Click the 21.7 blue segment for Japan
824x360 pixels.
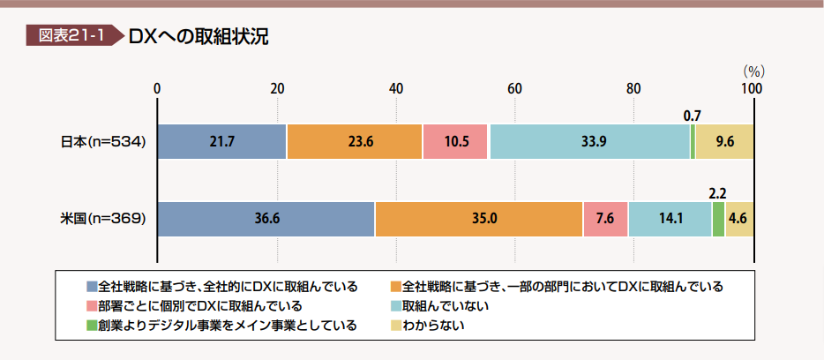pyautogui.click(x=221, y=141)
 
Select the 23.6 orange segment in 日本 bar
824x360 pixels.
pyautogui.click(x=354, y=141)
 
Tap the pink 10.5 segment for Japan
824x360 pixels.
pyautogui.click(x=455, y=141)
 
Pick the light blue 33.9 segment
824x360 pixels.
pyautogui.click(x=589, y=141)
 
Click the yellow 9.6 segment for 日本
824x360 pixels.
pyautogui.click(x=724, y=141)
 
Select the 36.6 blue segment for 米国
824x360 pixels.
pyautogui.click(x=266, y=219)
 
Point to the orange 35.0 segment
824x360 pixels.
pyautogui.click(x=479, y=219)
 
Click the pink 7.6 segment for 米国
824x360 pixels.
pyautogui.click(x=605, y=219)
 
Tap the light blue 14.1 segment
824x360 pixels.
pyautogui.click(x=670, y=219)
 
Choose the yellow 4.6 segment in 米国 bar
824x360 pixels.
pyautogui.click(x=739, y=219)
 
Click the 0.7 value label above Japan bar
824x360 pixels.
pyautogui.click(x=693, y=115)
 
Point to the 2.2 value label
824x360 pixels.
pyautogui.click(x=718, y=192)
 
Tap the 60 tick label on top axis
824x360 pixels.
pyautogui.click(x=514, y=88)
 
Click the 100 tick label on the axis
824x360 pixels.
pyautogui.click(x=753, y=88)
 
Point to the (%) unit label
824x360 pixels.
pyautogui.click(x=753, y=70)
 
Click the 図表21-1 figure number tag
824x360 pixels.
pyautogui.click(x=71, y=36)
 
